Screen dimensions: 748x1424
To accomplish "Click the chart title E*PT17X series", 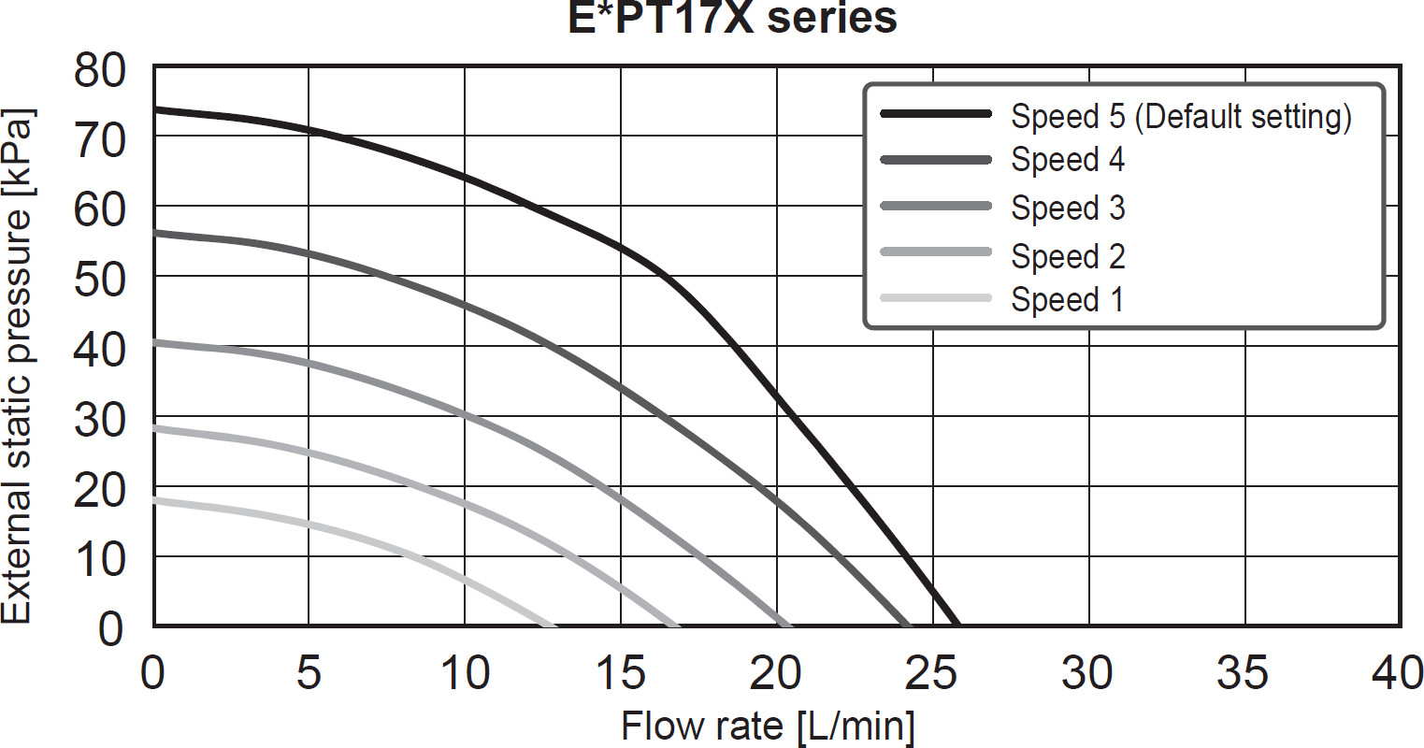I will tap(732, 18).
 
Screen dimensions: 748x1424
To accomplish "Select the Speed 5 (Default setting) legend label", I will tap(1181, 117).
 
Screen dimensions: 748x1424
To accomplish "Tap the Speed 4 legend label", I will tap(1067, 160).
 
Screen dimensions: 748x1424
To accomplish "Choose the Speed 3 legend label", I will tap(1067, 208).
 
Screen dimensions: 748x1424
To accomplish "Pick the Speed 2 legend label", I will tap(1067, 255).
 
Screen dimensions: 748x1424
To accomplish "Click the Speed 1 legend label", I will tap(1066, 299).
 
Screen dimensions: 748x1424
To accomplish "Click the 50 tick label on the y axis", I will tap(100, 279).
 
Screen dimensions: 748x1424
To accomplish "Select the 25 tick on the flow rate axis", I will tap(932, 672).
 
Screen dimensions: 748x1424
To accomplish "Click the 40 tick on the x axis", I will tap(1399, 672).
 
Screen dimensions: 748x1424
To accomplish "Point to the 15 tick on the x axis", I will tap(620, 672).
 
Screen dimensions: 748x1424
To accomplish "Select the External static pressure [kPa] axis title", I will tap(19, 367).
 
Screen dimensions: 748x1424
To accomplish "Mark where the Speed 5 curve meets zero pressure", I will tap(956, 624).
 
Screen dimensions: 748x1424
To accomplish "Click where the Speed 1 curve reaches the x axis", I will tap(554, 625).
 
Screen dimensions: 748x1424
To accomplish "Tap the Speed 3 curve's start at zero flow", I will tap(155, 342).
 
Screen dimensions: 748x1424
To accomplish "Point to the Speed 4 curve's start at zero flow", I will tap(155, 233).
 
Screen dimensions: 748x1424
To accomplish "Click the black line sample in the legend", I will tap(935, 114).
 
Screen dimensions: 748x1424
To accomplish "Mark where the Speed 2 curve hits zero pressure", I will tap(676, 625).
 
